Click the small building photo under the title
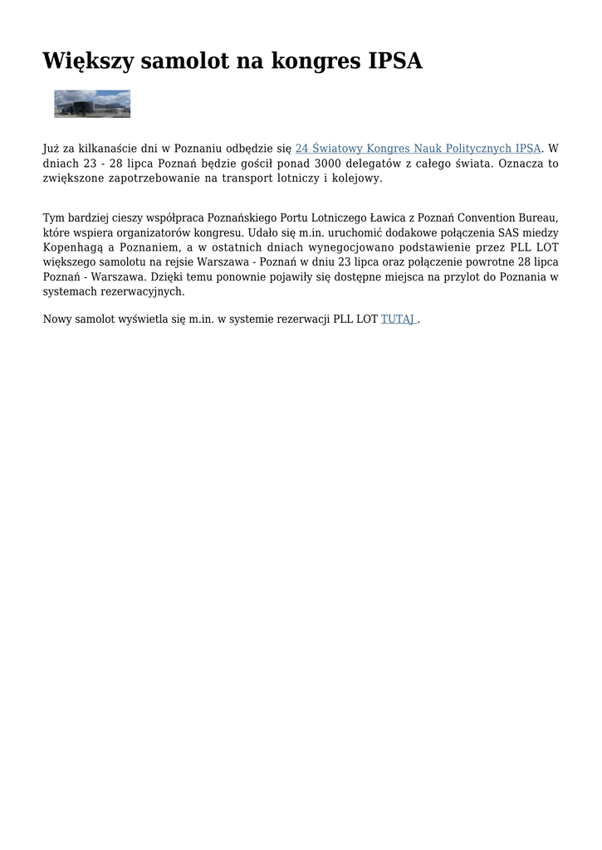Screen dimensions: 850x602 [92, 104]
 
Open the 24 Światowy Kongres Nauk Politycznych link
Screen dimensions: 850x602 [418, 149]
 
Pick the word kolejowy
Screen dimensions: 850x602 [357, 178]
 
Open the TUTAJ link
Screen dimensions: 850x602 [398, 319]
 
